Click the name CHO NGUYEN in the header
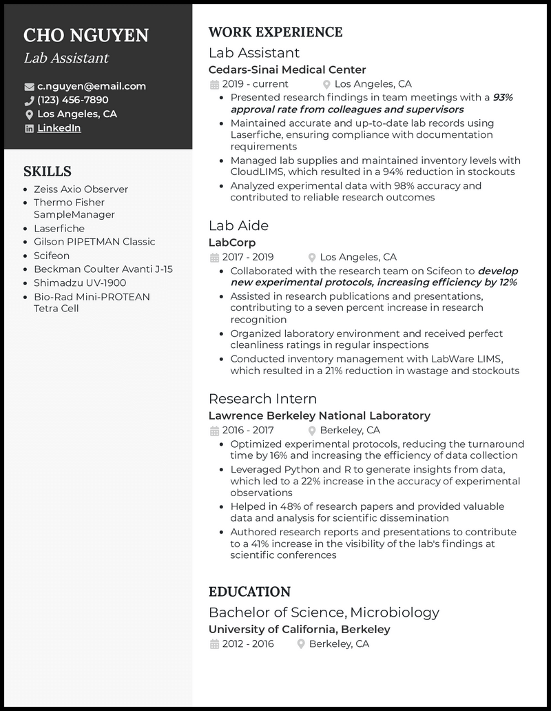point(86,35)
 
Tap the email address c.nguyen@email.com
point(92,86)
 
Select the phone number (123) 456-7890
point(73,100)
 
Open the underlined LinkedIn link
point(59,128)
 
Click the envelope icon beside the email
point(29,87)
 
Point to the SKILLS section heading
point(48,172)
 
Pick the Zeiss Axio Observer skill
point(81,189)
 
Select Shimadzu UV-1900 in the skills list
point(80,282)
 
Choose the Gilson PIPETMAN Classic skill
point(94,242)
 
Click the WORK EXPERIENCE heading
point(275,32)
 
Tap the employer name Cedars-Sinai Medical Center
point(287,70)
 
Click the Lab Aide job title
point(238,226)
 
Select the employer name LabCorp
point(232,243)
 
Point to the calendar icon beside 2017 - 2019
point(214,258)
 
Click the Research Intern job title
point(262,399)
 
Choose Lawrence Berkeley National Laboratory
point(319,415)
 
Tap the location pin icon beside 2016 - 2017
point(312,431)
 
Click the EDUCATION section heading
point(249,592)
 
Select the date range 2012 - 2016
point(248,643)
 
